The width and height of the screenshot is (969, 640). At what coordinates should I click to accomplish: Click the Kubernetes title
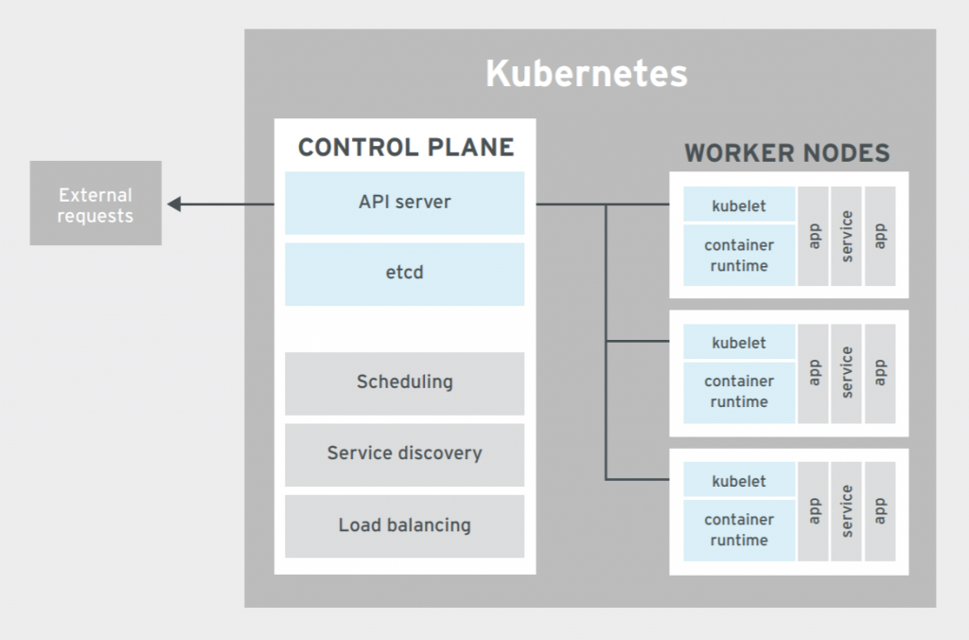tap(586, 74)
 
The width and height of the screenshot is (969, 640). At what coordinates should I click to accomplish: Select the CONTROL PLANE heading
tap(405, 148)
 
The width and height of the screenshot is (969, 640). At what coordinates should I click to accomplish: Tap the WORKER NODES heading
tap(786, 153)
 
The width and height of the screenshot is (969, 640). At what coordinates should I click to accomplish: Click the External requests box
tap(96, 204)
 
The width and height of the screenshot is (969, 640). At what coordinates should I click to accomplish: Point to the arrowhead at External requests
tap(175, 204)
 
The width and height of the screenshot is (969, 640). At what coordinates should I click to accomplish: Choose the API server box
tap(404, 203)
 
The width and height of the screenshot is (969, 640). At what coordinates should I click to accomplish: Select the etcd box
tap(404, 274)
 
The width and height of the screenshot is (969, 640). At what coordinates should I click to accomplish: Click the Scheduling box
tap(404, 382)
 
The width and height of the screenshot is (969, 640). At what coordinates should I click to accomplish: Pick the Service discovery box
tap(404, 453)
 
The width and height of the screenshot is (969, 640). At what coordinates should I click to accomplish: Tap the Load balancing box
tap(404, 524)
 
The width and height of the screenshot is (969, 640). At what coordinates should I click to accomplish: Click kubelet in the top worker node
tap(739, 205)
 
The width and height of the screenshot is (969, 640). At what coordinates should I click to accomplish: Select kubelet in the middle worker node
tap(739, 343)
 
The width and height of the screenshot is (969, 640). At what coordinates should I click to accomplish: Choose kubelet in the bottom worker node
tap(739, 481)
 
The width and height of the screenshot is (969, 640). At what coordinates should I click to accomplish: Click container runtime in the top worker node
tap(739, 256)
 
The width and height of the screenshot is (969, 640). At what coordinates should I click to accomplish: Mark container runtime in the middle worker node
tap(739, 392)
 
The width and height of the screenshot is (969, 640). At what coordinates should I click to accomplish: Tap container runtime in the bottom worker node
tap(739, 530)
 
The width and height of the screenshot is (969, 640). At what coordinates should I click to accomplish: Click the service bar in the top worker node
tap(847, 236)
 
